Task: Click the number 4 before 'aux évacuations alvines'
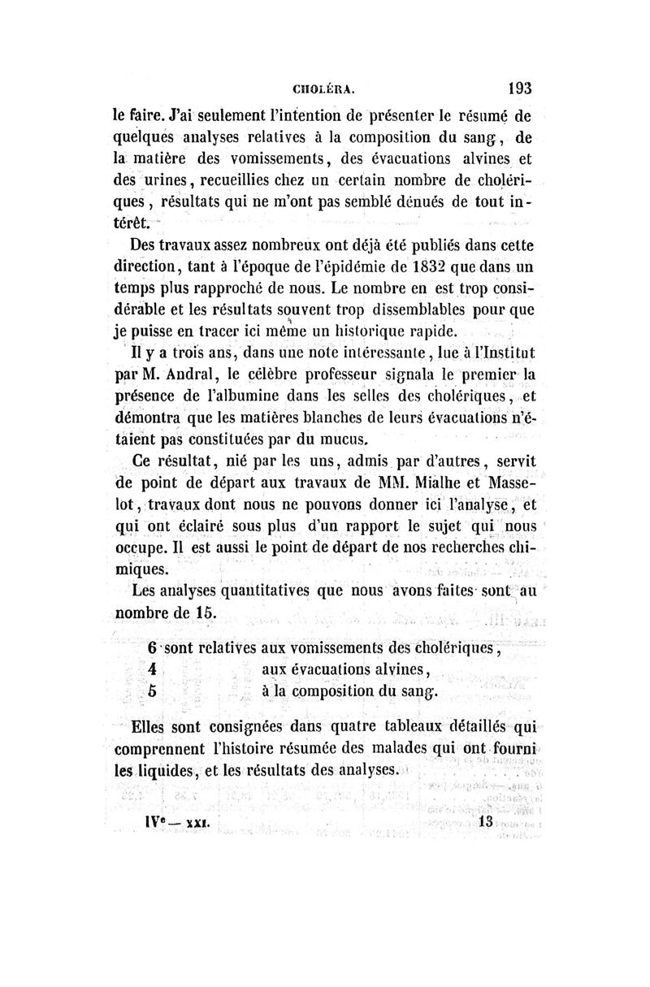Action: (154, 671)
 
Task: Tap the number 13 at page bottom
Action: (487, 820)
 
